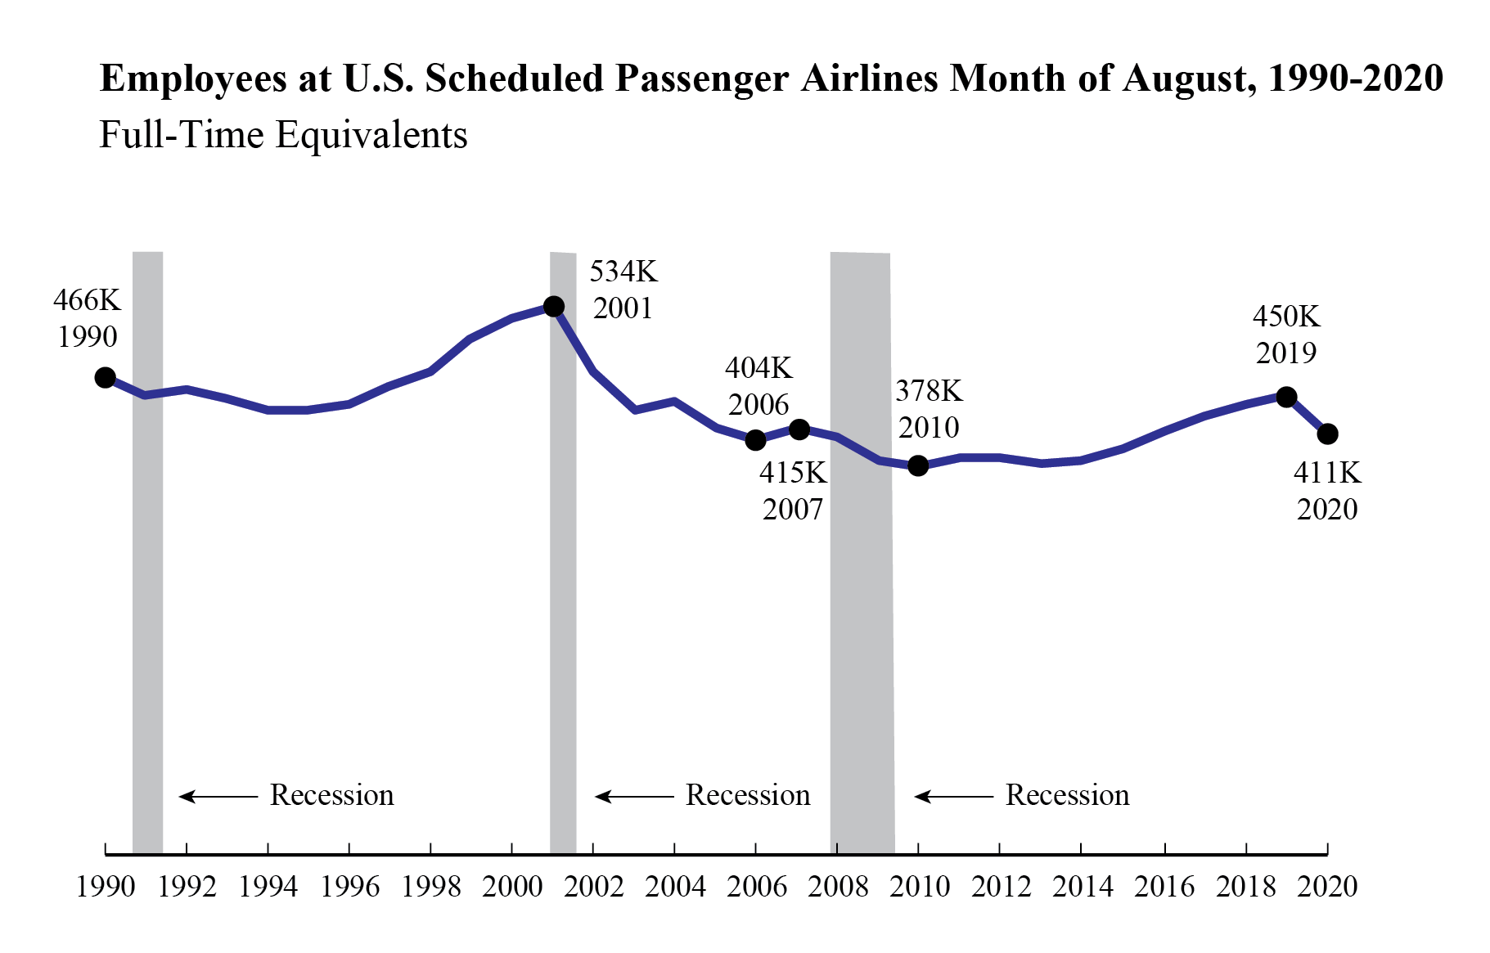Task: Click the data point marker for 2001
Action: pos(553,306)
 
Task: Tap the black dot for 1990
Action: pos(105,377)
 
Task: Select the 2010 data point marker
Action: pos(918,465)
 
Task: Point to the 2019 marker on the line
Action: pos(1286,397)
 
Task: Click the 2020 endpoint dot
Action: pos(1327,434)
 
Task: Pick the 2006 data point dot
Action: pos(755,440)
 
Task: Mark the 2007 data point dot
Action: pos(799,429)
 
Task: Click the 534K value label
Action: pos(623,271)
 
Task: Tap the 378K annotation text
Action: pos(929,391)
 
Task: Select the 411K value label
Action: pos(1326,473)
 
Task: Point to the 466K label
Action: pos(87,300)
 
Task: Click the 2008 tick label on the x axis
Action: pos(837,887)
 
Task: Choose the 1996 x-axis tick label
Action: pos(349,887)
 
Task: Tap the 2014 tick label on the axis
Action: pos(1082,887)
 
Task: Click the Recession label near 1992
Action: pos(331,795)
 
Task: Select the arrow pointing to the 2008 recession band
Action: pos(953,796)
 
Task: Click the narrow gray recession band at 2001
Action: pos(563,573)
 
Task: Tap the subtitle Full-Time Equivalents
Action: pos(283,135)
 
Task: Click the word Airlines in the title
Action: pos(869,79)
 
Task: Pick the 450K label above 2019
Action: pos(1286,316)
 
